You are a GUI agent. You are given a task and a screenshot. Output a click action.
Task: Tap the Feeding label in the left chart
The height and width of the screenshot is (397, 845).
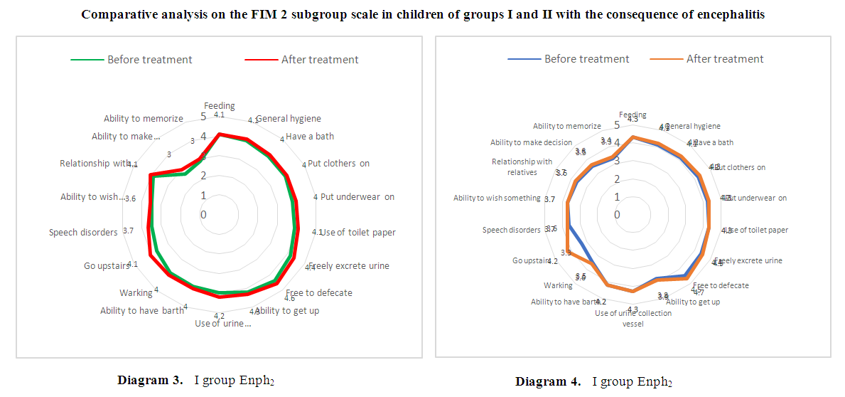[219, 106]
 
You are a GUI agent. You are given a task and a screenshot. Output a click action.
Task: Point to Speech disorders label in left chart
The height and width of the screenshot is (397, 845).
[83, 232]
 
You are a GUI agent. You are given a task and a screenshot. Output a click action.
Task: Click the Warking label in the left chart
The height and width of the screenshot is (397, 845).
[136, 292]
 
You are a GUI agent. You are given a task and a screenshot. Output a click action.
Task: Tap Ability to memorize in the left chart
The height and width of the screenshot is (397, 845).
[144, 119]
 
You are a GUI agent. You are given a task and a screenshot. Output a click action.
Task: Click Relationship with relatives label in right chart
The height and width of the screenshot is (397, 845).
[522, 167]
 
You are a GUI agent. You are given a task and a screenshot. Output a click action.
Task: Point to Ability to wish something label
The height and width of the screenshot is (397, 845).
[497, 198]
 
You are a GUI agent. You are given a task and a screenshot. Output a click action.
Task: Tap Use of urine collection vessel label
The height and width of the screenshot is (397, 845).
[633, 318]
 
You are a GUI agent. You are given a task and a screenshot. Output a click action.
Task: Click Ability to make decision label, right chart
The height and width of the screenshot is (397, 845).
[531, 142]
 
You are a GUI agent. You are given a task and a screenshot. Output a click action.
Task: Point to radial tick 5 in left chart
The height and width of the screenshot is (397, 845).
[203, 117]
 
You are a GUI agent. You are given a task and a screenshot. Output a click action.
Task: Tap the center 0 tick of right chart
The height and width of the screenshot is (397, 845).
[617, 214]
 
